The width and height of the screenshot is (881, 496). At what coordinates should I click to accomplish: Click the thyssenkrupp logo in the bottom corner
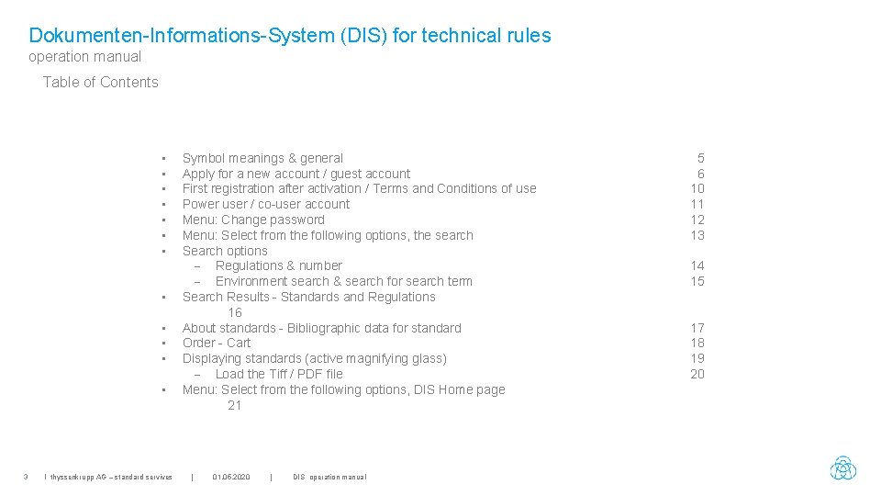pyautogui.click(x=842, y=468)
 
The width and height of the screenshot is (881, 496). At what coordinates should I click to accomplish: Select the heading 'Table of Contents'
pyautogui.click(x=100, y=82)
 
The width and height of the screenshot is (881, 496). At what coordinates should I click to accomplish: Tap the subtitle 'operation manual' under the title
pyautogui.click(x=84, y=57)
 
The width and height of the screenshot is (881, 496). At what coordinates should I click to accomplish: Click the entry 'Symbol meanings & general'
pyautogui.click(x=262, y=158)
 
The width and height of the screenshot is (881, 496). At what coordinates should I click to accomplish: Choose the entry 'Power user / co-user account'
pyautogui.click(x=266, y=204)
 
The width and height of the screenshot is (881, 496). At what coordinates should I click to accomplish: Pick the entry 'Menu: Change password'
pyautogui.click(x=253, y=220)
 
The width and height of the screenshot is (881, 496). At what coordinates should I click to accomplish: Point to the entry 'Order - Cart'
pyautogui.click(x=217, y=343)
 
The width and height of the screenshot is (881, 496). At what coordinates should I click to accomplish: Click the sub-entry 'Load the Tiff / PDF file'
pyautogui.click(x=279, y=374)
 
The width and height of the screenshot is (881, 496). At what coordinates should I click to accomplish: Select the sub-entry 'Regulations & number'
pyautogui.click(x=279, y=265)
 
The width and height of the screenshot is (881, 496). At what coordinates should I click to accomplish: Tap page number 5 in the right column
pyautogui.click(x=700, y=158)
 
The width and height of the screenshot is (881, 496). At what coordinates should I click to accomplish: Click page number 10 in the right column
pyautogui.click(x=697, y=188)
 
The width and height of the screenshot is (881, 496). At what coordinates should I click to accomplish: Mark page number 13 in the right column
pyautogui.click(x=697, y=235)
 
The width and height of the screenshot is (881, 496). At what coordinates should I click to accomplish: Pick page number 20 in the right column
pyautogui.click(x=697, y=374)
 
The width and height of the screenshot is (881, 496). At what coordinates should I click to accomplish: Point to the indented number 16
pyautogui.click(x=235, y=312)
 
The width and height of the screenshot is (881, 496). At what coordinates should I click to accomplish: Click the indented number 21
pyautogui.click(x=235, y=405)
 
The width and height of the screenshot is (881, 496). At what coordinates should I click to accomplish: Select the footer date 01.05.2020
pyautogui.click(x=230, y=477)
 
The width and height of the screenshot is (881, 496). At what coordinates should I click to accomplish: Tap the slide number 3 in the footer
pyautogui.click(x=26, y=477)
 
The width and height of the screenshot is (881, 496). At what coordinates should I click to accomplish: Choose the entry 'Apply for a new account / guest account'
pyautogui.click(x=296, y=174)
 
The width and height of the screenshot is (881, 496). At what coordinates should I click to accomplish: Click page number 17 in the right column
pyautogui.click(x=697, y=328)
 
